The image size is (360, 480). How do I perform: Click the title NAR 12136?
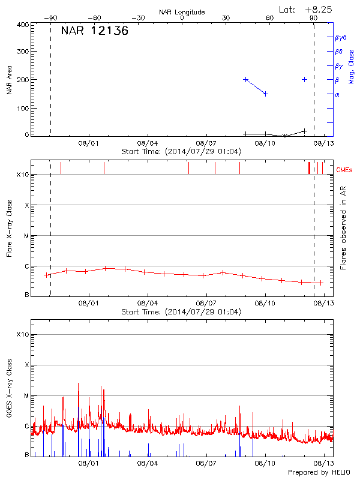pos(95,31)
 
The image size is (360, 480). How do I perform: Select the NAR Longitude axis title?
pos(182,12)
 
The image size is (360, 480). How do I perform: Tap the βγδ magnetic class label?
pos(340,37)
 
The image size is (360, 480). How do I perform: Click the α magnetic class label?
pos(337,94)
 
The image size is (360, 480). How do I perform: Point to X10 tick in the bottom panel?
pos(22,334)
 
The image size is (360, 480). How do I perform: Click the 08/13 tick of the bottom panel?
pos(324,463)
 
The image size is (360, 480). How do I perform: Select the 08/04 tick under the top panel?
pos(147,144)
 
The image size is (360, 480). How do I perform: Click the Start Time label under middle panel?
pos(181,312)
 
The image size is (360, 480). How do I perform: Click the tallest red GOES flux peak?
pos(78,384)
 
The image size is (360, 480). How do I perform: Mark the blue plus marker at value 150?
pos(265,94)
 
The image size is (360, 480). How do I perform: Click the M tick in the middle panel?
pos(26,236)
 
